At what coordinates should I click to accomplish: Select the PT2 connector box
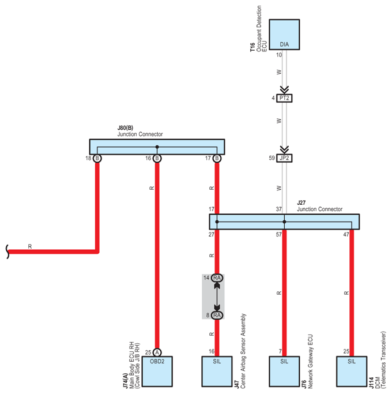tap(284, 99)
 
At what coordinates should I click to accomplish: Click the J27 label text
tap(301, 203)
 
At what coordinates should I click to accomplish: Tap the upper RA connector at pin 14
tap(217, 278)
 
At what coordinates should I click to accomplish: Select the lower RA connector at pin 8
tap(217, 315)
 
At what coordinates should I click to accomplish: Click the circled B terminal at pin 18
tap(97, 158)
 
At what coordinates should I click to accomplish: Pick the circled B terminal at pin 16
tap(157, 158)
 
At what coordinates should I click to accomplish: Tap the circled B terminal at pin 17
tap(217, 158)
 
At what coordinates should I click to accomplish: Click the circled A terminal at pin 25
tap(157, 352)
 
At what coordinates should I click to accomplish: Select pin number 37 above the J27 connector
tap(279, 209)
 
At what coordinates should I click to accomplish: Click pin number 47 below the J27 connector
tap(346, 235)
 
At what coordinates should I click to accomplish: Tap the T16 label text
tap(252, 48)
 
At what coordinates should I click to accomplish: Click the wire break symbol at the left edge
tap(7, 252)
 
